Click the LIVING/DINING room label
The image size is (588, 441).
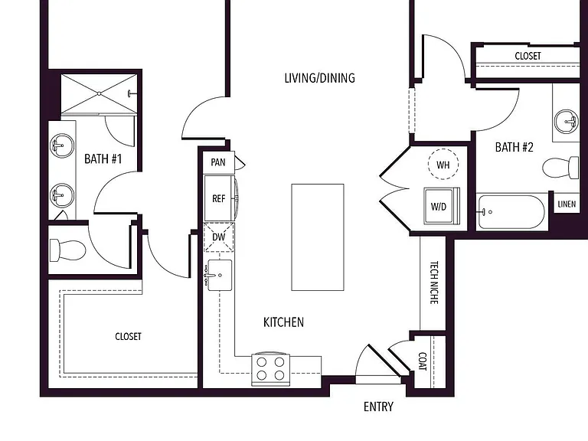[x=319, y=78]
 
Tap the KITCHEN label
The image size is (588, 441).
[x=283, y=322]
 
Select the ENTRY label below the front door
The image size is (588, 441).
[x=378, y=407]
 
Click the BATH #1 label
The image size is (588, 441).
[x=103, y=159]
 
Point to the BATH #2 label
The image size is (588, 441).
[x=514, y=147]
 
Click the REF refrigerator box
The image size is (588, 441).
[x=219, y=198]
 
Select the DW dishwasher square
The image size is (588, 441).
[x=219, y=237]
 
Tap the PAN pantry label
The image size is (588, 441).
[x=218, y=162]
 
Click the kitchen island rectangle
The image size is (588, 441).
[x=318, y=237]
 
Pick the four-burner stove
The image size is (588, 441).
[x=270, y=369]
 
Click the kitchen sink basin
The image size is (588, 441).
[x=220, y=276]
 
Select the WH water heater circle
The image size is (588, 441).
[x=443, y=165]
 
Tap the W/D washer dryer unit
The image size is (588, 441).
[x=441, y=206]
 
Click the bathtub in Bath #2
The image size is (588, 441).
[x=511, y=212]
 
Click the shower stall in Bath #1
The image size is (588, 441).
[x=99, y=93]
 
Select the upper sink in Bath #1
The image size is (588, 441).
[x=62, y=145]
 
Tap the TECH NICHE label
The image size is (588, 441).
[x=433, y=283]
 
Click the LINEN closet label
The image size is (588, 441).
[x=567, y=204]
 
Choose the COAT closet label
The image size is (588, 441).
[x=423, y=361]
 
